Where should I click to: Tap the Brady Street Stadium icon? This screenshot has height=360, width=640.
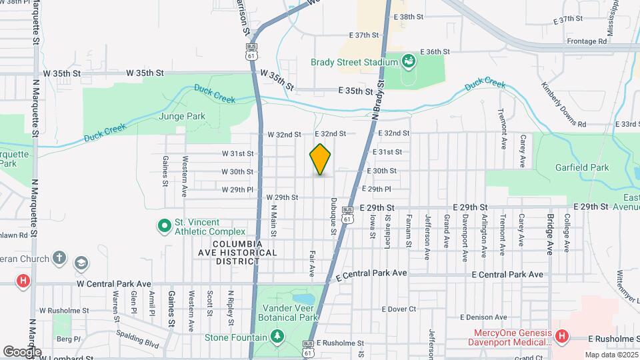(x=409, y=62)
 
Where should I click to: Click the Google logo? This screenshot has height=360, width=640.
(x=22, y=351)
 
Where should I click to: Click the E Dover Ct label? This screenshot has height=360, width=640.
(x=399, y=309)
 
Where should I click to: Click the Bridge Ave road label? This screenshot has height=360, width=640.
(x=551, y=235)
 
